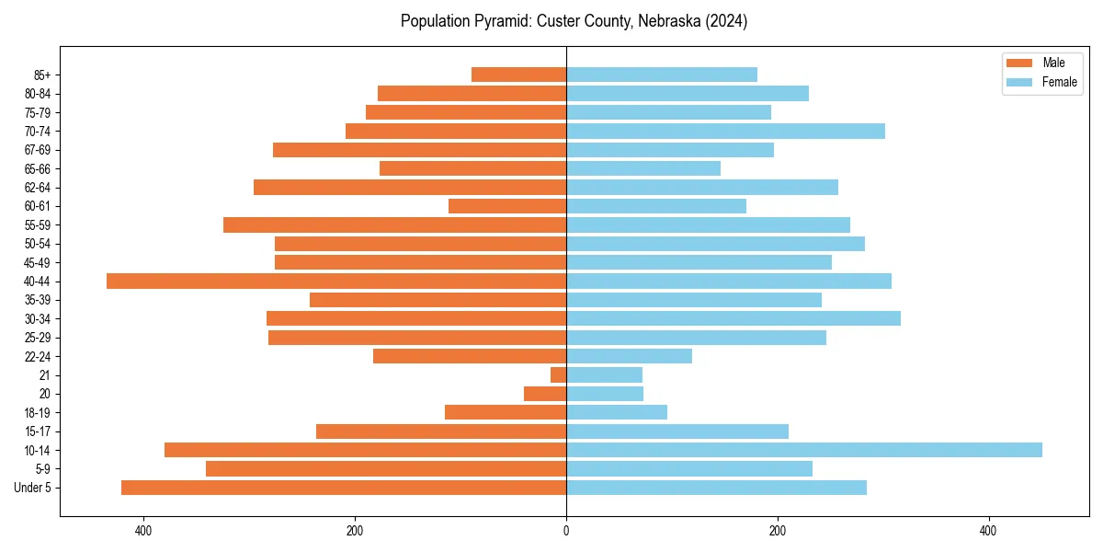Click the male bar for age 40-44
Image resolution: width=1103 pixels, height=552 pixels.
click(335, 282)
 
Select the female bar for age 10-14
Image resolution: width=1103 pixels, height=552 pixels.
click(803, 450)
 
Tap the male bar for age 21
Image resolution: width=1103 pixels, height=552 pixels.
click(558, 375)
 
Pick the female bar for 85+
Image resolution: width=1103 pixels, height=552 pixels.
click(662, 75)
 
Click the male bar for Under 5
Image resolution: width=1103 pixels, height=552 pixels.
click(343, 488)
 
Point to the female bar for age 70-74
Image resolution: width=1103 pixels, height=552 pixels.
click(725, 132)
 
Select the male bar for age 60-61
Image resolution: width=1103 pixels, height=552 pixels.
click(507, 206)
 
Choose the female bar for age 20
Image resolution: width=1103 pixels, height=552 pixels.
click(605, 394)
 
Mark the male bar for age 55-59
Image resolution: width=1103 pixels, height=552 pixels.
click(394, 225)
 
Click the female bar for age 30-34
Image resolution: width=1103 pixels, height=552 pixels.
click(733, 318)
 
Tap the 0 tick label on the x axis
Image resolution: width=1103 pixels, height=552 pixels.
click(566, 532)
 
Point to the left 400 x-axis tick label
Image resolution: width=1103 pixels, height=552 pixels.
click(143, 532)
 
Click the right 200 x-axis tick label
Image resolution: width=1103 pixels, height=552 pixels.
click(778, 532)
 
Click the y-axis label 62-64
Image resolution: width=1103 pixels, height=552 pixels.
click(38, 188)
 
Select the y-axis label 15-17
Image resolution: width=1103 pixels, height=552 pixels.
click(38, 431)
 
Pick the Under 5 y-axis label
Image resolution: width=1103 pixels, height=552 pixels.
click(33, 488)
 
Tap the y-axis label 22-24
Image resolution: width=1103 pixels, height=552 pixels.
click(38, 357)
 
